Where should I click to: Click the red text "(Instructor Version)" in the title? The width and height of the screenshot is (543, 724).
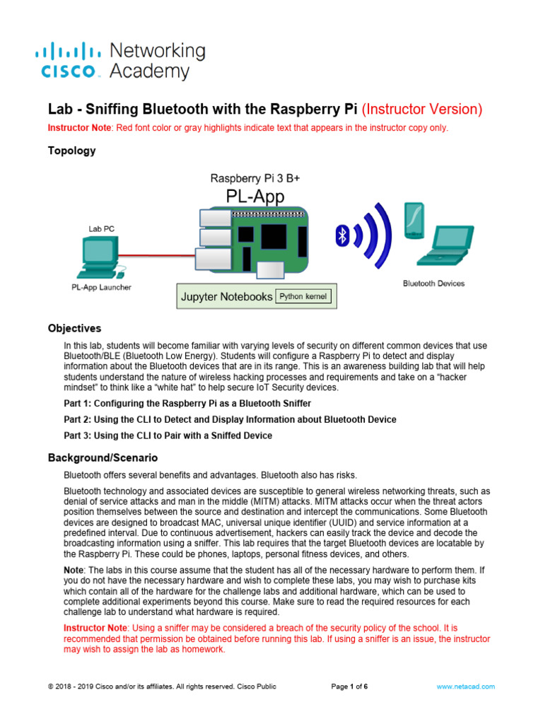point(422,110)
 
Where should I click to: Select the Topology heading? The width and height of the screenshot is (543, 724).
point(71,151)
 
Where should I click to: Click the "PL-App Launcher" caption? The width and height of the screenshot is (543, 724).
point(101,287)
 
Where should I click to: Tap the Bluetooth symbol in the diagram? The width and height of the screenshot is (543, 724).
point(342,235)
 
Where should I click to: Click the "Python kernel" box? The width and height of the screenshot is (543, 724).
point(303,296)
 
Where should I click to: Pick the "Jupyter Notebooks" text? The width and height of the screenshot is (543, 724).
point(226,297)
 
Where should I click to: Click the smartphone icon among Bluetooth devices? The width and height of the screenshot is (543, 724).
point(413,220)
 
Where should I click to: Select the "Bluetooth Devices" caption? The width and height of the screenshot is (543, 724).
point(433,284)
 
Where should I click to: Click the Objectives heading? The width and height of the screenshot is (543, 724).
point(74,329)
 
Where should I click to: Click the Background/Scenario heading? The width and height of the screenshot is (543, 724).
point(103,458)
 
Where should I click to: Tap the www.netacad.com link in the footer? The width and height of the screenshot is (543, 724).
point(465,687)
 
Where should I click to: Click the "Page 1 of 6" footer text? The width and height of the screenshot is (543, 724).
point(349,687)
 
